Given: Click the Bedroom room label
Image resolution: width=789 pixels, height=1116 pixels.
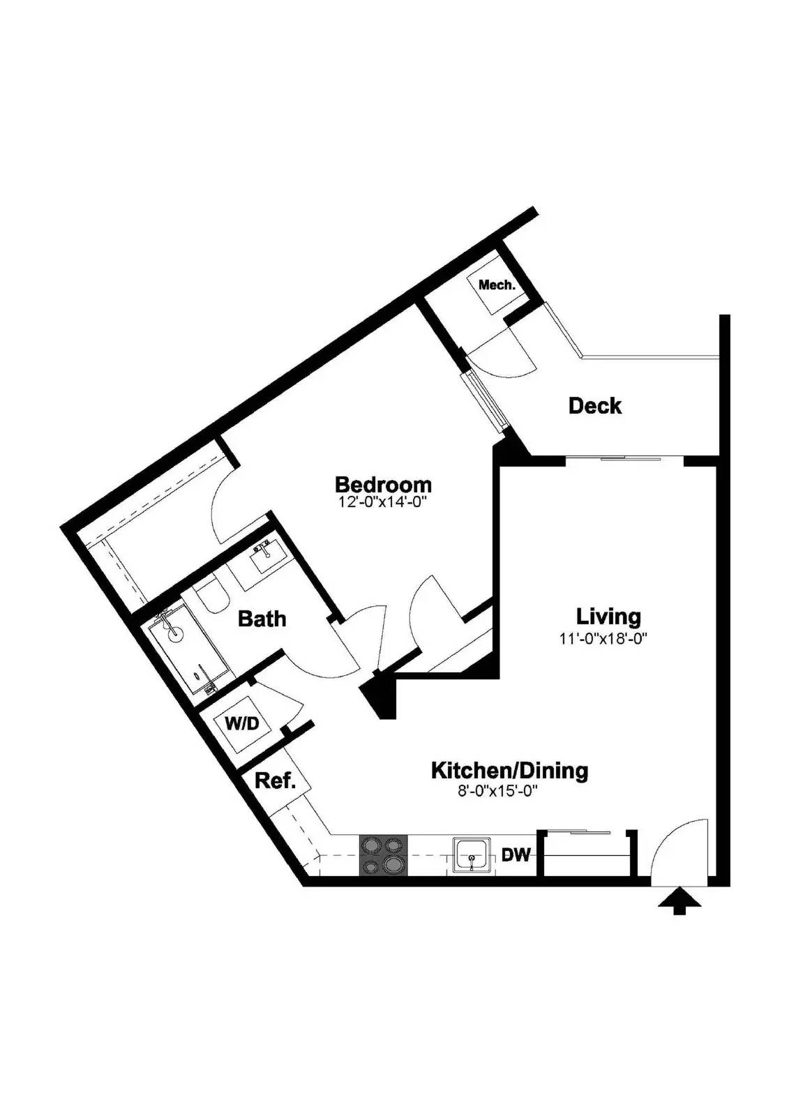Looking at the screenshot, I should pyautogui.click(x=383, y=484).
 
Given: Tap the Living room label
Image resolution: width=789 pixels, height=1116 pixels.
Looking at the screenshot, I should pyautogui.click(x=608, y=616).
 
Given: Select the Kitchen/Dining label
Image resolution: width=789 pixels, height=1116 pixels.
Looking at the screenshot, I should pyautogui.click(x=509, y=771).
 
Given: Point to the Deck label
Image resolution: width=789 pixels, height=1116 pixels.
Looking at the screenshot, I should pyautogui.click(x=594, y=405).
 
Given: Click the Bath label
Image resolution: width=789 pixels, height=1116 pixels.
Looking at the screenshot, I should pyautogui.click(x=262, y=619).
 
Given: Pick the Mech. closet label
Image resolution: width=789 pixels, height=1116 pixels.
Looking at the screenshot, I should pyautogui.click(x=497, y=285).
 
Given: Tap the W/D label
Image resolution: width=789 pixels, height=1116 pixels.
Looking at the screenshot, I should pyautogui.click(x=241, y=723).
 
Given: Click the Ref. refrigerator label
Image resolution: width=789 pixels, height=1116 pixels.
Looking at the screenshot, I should pyautogui.click(x=275, y=781).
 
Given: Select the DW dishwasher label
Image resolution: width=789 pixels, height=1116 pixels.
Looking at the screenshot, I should pyautogui.click(x=516, y=855).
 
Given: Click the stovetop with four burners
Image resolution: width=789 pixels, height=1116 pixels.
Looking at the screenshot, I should pyautogui.click(x=383, y=855).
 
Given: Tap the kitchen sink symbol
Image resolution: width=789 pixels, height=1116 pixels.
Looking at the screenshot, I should pyautogui.click(x=472, y=855).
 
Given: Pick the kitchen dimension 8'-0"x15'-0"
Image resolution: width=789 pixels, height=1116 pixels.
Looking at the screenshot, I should pyautogui.click(x=497, y=791).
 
